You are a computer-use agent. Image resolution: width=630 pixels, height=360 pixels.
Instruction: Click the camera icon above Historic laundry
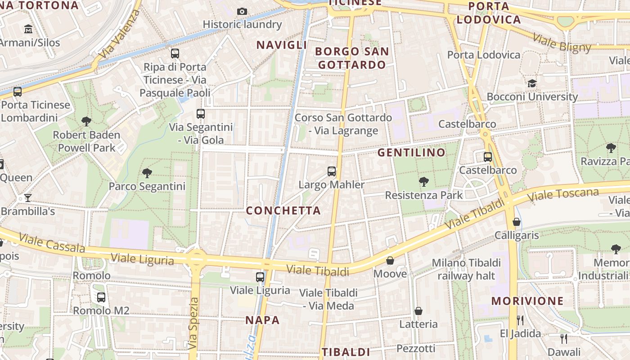click(242, 11)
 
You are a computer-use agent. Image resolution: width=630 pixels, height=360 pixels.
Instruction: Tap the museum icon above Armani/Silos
click(28, 29)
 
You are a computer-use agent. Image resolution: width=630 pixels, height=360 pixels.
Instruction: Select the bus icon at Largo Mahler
click(332, 171)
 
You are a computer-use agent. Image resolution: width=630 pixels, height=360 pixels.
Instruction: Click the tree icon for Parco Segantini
click(147, 173)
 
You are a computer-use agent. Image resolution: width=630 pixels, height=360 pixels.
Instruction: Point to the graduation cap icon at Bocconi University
click(532, 83)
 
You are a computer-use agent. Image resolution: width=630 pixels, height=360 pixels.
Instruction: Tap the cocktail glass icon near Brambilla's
click(28, 198)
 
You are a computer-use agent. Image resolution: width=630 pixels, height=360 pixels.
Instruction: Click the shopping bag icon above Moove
click(390, 261)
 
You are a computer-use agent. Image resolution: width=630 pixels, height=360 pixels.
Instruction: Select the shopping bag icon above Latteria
click(418, 311)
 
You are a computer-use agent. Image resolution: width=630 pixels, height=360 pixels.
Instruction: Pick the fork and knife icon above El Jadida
click(520, 320)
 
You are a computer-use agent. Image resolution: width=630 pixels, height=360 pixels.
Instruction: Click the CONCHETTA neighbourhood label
click(283, 211)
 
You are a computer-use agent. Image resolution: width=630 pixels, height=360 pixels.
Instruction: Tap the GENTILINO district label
click(411, 153)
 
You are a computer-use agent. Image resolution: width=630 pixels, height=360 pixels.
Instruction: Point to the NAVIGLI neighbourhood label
click(282, 45)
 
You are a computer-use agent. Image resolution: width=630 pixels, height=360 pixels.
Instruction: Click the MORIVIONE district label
click(527, 301)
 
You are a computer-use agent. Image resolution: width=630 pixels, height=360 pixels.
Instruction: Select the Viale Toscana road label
click(563, 195)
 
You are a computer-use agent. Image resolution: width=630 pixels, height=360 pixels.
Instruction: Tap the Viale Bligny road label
click(562, 43)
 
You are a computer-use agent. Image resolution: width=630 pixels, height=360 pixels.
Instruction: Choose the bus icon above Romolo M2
click(101, 297)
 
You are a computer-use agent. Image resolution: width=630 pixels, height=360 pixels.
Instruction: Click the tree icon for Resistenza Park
click(423, 182)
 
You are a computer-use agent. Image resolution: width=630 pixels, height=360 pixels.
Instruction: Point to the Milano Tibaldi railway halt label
click(466, 269)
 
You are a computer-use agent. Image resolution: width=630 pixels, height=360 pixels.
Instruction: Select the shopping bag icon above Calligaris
click(517, 222)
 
